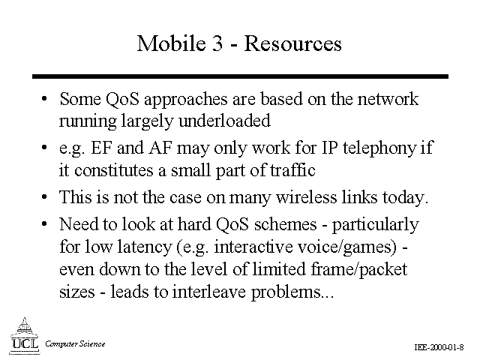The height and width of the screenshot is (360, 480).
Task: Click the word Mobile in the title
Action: tap(172, 43)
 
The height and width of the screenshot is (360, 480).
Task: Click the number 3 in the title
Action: tap(217, 43)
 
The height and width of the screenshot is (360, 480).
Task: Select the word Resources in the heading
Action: tap(292, 43)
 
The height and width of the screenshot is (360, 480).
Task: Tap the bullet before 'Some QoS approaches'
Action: tap(44, 99)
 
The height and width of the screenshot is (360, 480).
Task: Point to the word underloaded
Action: tap(224, 120)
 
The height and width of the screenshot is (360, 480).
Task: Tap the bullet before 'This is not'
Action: tap(44, 196)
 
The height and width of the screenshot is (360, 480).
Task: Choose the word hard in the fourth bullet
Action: tap(194, 224)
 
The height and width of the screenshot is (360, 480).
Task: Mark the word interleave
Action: tap(208, 291)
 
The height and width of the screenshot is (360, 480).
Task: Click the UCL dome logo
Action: tap(25, 336)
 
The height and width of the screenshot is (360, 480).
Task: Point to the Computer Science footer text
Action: tap(75, 343)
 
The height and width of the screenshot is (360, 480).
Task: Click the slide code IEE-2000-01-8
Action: tap(439, 347)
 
